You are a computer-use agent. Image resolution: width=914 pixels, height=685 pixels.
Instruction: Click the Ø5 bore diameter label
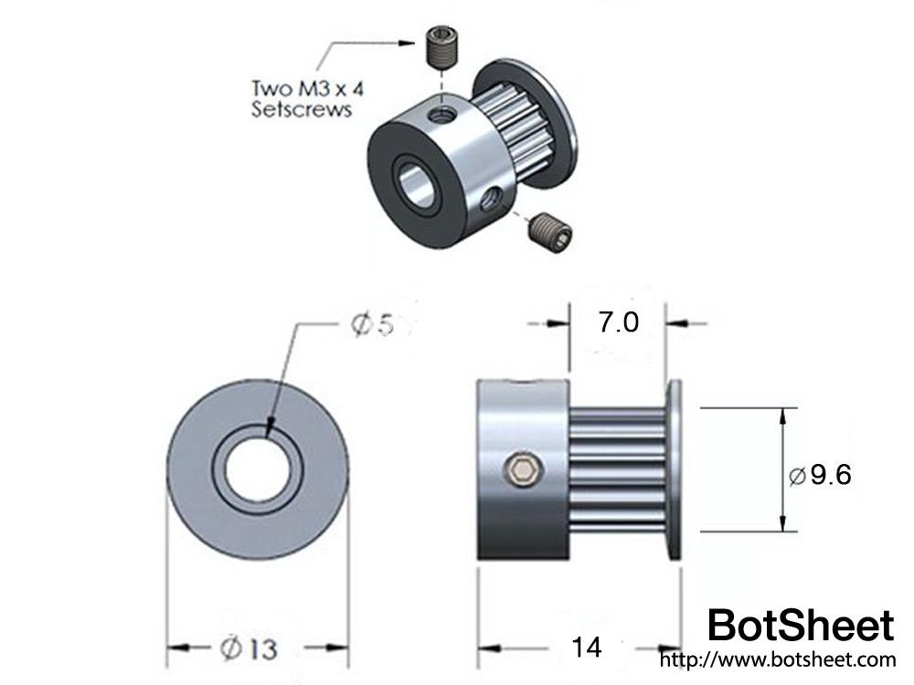(x=371, y=325)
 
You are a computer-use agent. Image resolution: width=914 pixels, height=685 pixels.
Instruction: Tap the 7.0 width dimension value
(x=619, y=323)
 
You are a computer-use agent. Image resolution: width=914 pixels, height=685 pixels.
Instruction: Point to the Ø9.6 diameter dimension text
(x=820, y=475)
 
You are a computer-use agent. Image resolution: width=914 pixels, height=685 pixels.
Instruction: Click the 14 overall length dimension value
(x=586, y=648)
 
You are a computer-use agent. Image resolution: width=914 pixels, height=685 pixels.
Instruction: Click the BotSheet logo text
(x=801, y=626)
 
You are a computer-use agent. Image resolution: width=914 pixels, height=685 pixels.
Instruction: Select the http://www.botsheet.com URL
(x=777, y=659)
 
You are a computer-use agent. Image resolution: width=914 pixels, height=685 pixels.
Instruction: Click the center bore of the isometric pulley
(x=417, y=187)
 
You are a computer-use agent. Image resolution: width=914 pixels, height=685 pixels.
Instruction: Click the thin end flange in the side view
(x=674, y=470)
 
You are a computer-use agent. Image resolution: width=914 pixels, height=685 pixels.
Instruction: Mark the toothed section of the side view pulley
(x=618, y=470)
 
